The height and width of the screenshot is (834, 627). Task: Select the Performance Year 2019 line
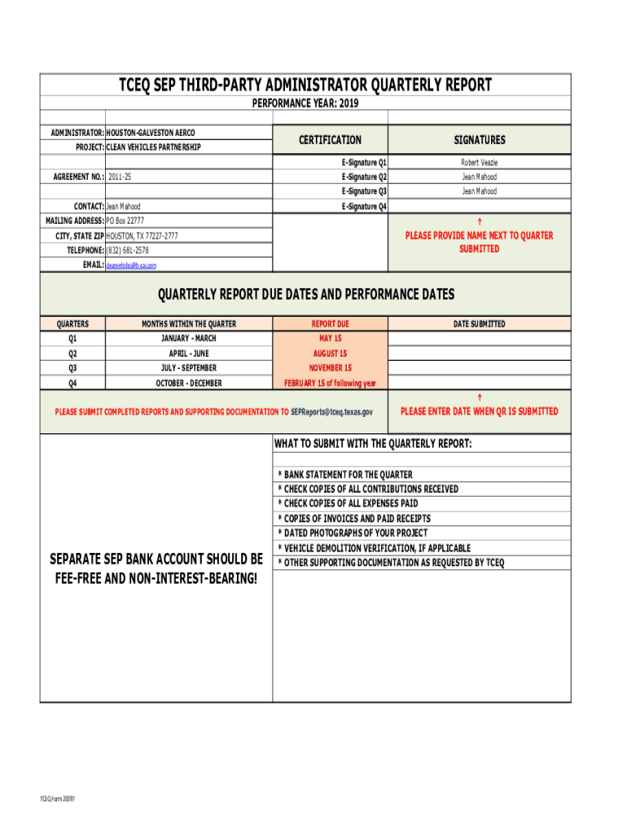(305, 104)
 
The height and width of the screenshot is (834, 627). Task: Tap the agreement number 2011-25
(120, 177)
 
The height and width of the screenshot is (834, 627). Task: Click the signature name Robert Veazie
(479, 163)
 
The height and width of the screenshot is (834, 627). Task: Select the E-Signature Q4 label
(364, 207)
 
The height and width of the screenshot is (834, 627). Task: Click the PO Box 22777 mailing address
(125, 221)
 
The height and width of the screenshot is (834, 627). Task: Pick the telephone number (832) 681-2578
(128, 250)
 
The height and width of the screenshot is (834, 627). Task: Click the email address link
(131, 266)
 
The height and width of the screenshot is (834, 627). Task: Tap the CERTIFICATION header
(330, 140)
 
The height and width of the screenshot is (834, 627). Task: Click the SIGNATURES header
(480, 140)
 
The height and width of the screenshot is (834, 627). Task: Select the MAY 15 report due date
(330, 338)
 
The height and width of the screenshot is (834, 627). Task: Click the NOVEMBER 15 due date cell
(330, 368)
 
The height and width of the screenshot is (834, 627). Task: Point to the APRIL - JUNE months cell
(189, 353)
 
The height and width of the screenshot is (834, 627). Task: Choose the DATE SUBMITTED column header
(479, 324)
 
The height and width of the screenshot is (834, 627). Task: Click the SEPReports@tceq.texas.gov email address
(331, 412)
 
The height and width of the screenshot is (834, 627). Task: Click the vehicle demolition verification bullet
(374, 548)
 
